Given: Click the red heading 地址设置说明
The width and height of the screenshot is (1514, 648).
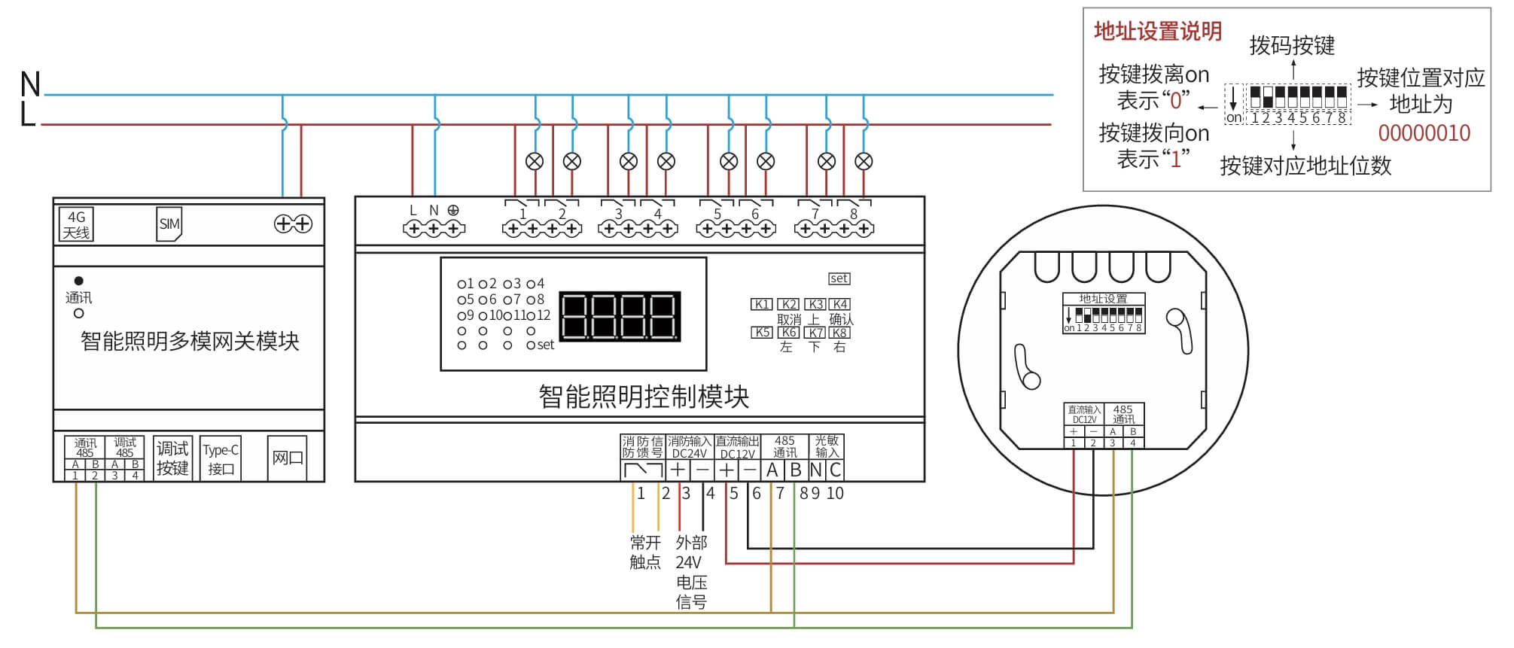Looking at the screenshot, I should click(x=1157, y=32).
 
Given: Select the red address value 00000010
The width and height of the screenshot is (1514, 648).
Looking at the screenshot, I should click(x=1424, y=133).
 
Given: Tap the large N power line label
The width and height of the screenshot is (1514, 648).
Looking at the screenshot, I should click(x=30, y=84).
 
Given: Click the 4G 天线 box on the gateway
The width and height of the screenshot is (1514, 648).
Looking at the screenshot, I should click(x=76, y=224).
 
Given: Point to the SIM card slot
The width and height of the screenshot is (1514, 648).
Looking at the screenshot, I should click(x=169, y=224).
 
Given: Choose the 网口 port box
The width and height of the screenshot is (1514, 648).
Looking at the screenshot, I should click(x=287, y=458).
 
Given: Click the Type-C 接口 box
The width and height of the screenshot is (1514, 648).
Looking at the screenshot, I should click(x=221, y=458).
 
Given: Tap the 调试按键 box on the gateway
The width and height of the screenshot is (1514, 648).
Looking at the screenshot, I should click(x=172, y=458).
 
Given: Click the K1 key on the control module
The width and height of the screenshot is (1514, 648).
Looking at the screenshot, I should click(x=761, y=304).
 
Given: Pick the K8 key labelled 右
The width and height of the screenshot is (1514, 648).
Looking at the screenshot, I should click(x=839, y=333).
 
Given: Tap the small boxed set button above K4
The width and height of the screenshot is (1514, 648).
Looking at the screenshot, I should click(x=839, y=278).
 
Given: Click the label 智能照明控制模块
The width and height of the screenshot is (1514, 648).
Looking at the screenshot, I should click(x=644, y=397).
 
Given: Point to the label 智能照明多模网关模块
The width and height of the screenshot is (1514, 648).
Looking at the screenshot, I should click(x=190, y=341).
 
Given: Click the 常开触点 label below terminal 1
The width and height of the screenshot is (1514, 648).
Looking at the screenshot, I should click(x=645, y=552).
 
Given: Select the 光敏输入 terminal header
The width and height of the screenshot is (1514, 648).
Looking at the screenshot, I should click(x=827, y=446).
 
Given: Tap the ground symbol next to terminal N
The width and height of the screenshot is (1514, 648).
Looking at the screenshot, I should click(x=453, y=211).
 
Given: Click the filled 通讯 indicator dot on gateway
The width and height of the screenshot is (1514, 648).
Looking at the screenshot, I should click(x=78, y=281).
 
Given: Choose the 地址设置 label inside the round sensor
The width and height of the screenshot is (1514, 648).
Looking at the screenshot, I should click(x=1103, y=299).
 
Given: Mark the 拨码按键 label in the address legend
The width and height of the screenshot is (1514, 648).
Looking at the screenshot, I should click(x=1292, y=46).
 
